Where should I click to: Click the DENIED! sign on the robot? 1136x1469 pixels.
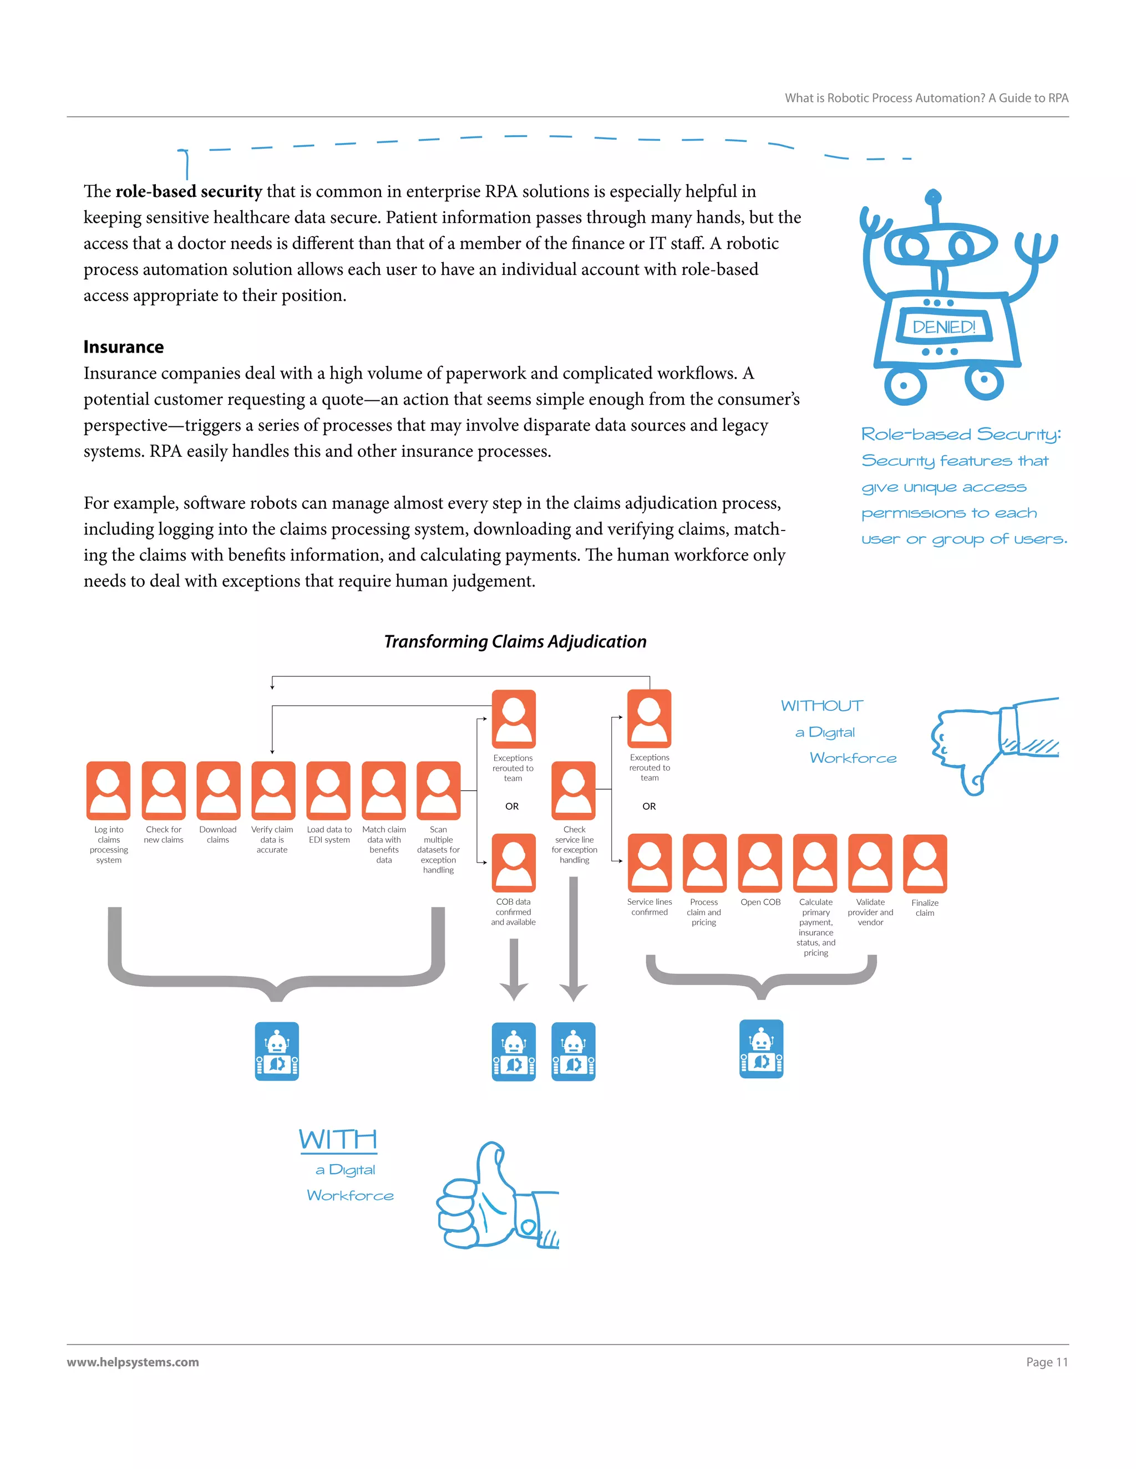coord(944,327)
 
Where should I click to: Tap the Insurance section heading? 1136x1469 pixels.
coord(124,347)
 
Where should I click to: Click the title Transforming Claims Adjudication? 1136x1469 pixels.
coord(515,642)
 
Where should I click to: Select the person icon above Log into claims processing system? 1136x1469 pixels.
coord(108,790)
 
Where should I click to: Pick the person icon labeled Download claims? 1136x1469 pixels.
coord(218,790)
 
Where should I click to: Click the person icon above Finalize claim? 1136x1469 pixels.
coord(925,864)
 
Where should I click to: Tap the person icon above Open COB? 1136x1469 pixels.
coord(760,863)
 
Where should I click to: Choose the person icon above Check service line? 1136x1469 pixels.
coord(574,790)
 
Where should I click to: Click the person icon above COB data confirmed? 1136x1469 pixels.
coord(514,863)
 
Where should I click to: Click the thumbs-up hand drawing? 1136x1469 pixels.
coord(495,1197)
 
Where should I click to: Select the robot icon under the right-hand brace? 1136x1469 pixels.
coord(761,1049)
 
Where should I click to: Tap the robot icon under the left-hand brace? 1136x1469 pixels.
coord(277,1051)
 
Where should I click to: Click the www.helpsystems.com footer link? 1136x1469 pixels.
coord(133,1362)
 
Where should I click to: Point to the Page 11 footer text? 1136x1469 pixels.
coord(1047,1362)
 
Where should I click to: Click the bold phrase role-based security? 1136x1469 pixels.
coord(189,192)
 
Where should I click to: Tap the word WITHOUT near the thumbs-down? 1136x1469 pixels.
coord(821,706)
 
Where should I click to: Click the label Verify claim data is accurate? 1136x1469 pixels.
coord(272,839)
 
